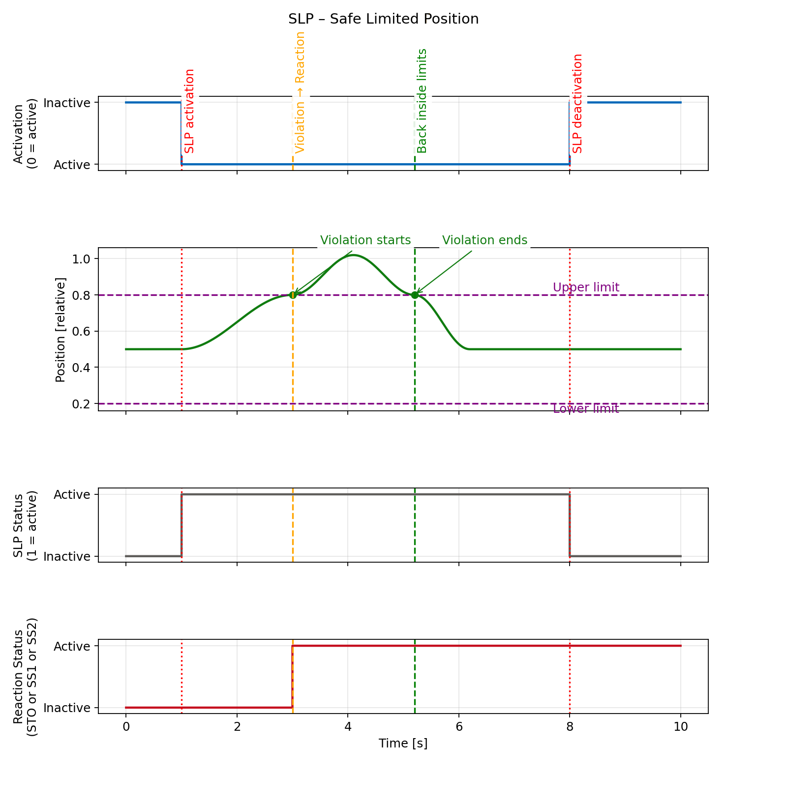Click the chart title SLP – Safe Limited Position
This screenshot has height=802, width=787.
pyautogui.click(x=383, y=19)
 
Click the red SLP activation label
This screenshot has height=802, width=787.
pyautogui.click(x=190, y=111)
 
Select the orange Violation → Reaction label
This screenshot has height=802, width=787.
pyautogui.click(x=300, y=92)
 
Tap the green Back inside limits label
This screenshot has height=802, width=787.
pyautogui.click(x=422, y=101)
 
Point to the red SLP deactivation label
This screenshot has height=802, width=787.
pyautogui.click(x=577, y=104)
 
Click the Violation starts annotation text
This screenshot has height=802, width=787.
pyautogui.click(x=365, y=240)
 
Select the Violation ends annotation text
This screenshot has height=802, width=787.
pyautogui.click(x=484, y=240)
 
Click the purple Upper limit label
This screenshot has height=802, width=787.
pyautogui.click(x=586, y=287)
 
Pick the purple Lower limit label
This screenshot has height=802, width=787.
pyautogui.click(x=586, y=409)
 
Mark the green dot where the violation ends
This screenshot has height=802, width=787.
pyautogui.click(x=415, y=295)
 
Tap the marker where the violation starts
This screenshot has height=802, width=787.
pyautogui.click(x=293, y=295)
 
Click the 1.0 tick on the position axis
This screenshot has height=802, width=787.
pyautogui.click(x=81, y=259)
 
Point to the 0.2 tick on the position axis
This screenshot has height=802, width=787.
pyautogui.click(x=81, y=404)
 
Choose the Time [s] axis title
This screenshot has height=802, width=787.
pyautogui.click(x=403, y=744)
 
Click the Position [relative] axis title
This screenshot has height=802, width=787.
pyautogui.click(x=61, y=330)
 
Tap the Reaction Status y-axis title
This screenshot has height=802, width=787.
pyautogui.click(x=25, y=676)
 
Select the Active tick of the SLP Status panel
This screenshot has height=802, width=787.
pyautogui.click(x=72, y=494)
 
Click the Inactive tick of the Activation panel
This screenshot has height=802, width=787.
pyautogui.click(x=67, y=103)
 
